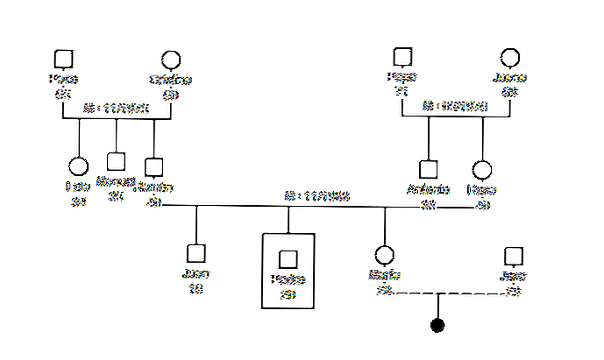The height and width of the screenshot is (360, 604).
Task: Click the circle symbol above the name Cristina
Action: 171,60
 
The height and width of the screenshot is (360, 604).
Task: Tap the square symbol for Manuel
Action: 115,161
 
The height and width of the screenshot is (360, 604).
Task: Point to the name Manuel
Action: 115,181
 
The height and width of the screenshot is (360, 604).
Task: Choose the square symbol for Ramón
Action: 154,165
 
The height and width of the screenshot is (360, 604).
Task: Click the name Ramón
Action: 157,188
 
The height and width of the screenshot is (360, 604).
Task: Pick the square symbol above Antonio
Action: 428,168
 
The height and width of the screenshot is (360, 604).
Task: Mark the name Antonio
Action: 429,189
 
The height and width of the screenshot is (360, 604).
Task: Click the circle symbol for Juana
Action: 508,58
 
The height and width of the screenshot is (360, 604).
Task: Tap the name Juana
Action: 509,78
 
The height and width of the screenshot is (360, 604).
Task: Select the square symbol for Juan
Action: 196,253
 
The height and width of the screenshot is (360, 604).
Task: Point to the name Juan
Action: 196,273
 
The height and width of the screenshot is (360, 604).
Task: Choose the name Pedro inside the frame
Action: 287,280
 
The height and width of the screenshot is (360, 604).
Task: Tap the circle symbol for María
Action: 383,255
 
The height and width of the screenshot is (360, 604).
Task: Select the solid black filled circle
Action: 437,326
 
